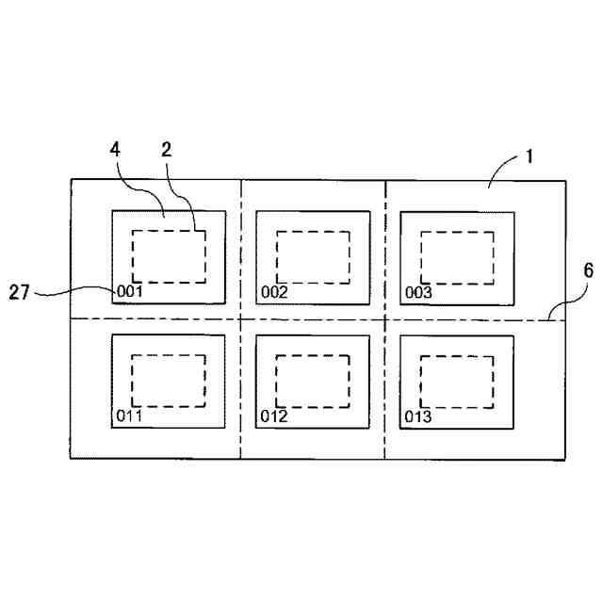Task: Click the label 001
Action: pyautogui.click(x=129, y=292)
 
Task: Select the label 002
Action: pyautogui.click(x=274, y=292)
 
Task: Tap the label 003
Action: pyautogui.click(x=418, y=292)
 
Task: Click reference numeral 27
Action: pyautogui.click(x=22, y=293)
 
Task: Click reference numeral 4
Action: pyautogui.click(x=115, y=152)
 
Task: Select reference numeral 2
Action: pyautogui.click(x=165, y=152)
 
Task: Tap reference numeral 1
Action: pyautogui.click(x=530, y=155)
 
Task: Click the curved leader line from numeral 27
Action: pyautogui.click(x=75, y=292)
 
